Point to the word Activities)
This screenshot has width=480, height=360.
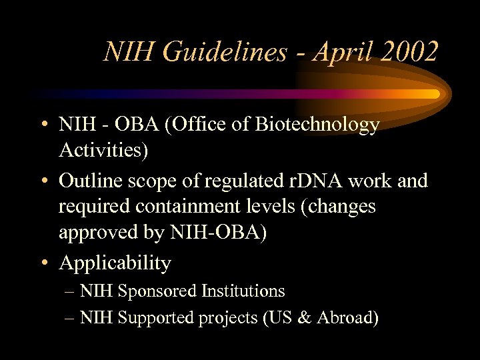[x=103, y=151]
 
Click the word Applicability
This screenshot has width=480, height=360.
[x=115, y=263]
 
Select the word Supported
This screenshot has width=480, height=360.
[x=156, y=318]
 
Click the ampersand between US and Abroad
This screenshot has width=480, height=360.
[x=305, y=318]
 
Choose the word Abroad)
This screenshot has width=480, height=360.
[x=347, y=318]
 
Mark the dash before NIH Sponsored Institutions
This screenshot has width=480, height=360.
[x=70, y=292]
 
